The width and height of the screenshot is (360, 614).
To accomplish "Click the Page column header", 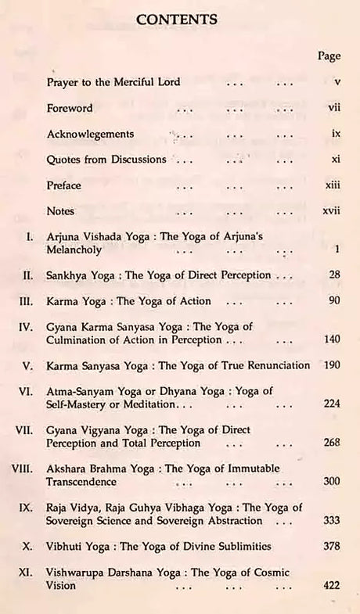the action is [x=329, y=56].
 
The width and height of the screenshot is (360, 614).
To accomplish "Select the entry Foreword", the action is [x=70, y=108].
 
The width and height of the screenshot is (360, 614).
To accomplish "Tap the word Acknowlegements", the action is [x=90, y=134].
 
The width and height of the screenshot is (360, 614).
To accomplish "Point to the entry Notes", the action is [x=60, y=211].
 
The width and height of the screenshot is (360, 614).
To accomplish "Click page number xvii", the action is [x=331, y=211].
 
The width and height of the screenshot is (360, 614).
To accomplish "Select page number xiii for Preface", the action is [x=333, y=185].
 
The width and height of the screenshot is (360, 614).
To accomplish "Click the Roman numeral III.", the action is [x=23, y=300].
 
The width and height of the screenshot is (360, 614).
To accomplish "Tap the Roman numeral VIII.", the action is [x=20, y=467].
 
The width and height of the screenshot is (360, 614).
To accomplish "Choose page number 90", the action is [x=334, y=300].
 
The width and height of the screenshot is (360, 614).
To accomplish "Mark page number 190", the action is [x=331, y=364].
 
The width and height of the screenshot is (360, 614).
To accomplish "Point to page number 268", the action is [x=331, y=442].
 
